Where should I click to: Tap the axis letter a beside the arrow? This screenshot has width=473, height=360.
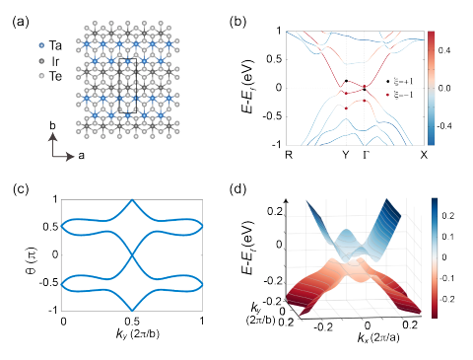click(x=71, y=155)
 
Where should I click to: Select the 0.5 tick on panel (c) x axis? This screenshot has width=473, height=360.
click(x=132, y=323)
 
